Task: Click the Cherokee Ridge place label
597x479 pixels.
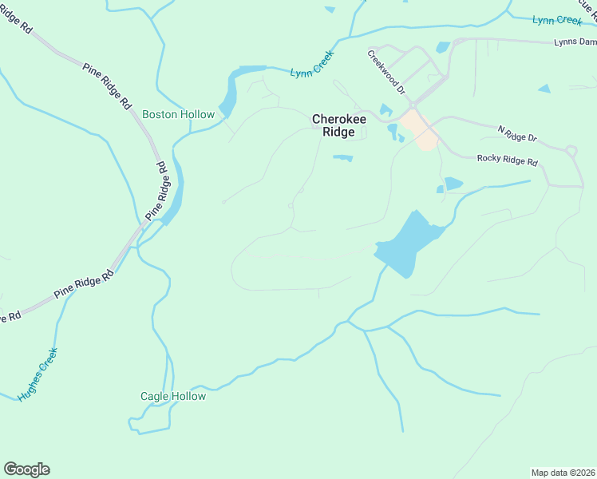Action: [338, 125]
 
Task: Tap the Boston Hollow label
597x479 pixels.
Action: [178, 114]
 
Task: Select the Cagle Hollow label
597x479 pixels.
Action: [173, 396]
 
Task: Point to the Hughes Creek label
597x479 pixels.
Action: [38, 374]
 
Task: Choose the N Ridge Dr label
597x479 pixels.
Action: [517, 133]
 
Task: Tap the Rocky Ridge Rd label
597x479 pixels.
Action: [508, 160]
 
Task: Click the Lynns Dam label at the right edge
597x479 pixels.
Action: [575, 42]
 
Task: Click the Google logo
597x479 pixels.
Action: [26, 469]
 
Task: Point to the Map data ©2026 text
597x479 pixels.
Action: [563, 472]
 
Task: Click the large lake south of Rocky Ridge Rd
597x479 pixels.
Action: [407, 243]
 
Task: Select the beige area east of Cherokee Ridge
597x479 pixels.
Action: [420, 130]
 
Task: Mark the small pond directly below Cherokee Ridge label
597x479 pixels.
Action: [342, 157]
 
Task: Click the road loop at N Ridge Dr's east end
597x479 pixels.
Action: [571, 151]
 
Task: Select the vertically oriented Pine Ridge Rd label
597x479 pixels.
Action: [159, 192]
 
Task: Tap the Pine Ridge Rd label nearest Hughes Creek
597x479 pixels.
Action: [84, 284]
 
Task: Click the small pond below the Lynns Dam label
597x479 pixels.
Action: [544, 89]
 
